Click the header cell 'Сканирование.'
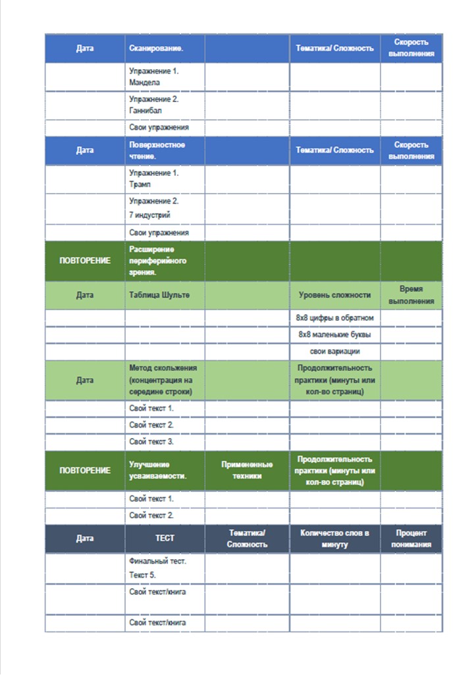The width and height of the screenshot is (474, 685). coord(156,48)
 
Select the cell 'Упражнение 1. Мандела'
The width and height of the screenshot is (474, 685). coord(154,76)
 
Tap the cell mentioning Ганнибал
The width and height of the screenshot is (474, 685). coord(154,105)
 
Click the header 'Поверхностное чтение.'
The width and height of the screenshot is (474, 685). coord(157,150)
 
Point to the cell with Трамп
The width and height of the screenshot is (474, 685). coord(154,179)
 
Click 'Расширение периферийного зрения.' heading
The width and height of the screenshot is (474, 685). coord(158,261)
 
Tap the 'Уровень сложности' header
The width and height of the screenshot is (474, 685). coord(334,296)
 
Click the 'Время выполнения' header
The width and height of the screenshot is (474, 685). coord(411,295)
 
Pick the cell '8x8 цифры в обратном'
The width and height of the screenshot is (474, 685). coord(334,317)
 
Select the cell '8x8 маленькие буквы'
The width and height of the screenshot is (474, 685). coord(334,335)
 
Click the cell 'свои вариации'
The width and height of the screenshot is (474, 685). coord(334,351)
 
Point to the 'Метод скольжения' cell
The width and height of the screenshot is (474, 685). coord(163,380)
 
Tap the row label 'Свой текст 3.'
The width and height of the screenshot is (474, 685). coord(151,442)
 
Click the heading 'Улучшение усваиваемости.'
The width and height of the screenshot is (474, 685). coord(158,470)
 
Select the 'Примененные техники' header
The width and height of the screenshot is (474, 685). coord(247,470)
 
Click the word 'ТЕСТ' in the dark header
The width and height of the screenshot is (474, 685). coord(165,538)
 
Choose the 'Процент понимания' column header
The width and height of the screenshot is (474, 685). coord(411,538)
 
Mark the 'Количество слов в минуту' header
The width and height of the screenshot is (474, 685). coord(334,538)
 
